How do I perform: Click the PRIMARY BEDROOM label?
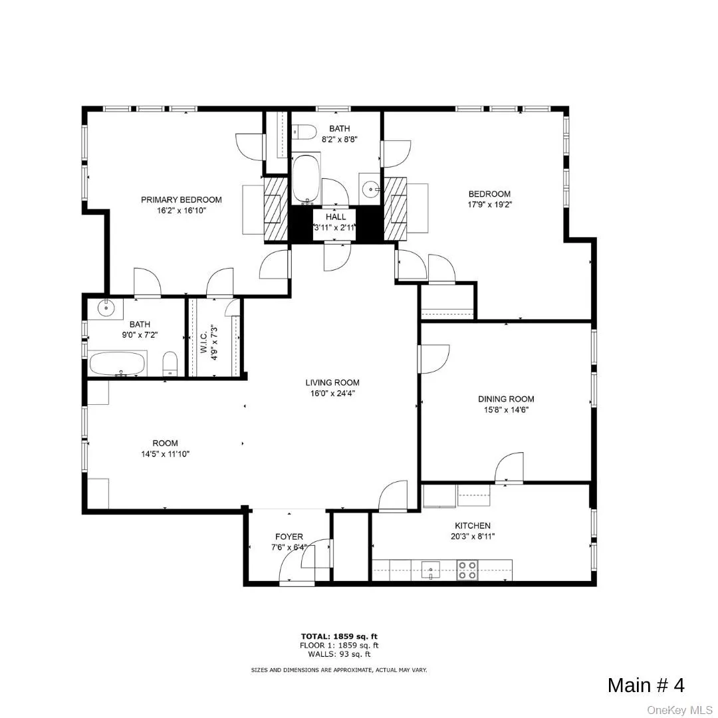click(x=181, y=199)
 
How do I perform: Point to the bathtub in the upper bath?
click(x=306, y=178)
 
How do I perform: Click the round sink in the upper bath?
click(x=370, y=189)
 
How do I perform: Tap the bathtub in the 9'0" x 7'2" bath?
click(x=117, y=364)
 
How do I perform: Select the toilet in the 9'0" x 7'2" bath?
click(x=170, y=364)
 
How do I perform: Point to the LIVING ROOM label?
click(x=332, y=382)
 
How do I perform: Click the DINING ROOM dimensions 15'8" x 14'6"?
click(x=506, y=410)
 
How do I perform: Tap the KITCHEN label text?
click(x=473, y=525)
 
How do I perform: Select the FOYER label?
click(x=289, y=537)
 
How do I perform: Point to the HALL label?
click(x=336, y=217)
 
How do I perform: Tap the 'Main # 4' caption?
click(x=646, y=685)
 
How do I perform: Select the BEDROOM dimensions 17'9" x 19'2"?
click(x=489, y=205)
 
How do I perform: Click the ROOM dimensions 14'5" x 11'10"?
click(x=165, y=454)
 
